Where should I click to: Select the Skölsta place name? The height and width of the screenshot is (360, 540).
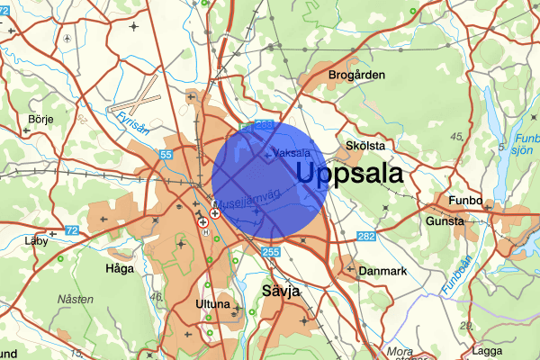[365, 145]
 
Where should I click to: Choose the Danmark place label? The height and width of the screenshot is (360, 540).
[383, 270]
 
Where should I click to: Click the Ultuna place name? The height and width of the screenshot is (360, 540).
[212, 304]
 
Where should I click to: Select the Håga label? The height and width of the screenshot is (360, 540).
[119, 267]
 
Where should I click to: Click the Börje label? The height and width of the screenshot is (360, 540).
[41, 118]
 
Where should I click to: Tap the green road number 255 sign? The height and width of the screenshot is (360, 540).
[272, 253]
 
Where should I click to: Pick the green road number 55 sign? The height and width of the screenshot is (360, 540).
[166, 156]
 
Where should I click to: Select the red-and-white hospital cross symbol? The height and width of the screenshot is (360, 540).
[215, 214]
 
